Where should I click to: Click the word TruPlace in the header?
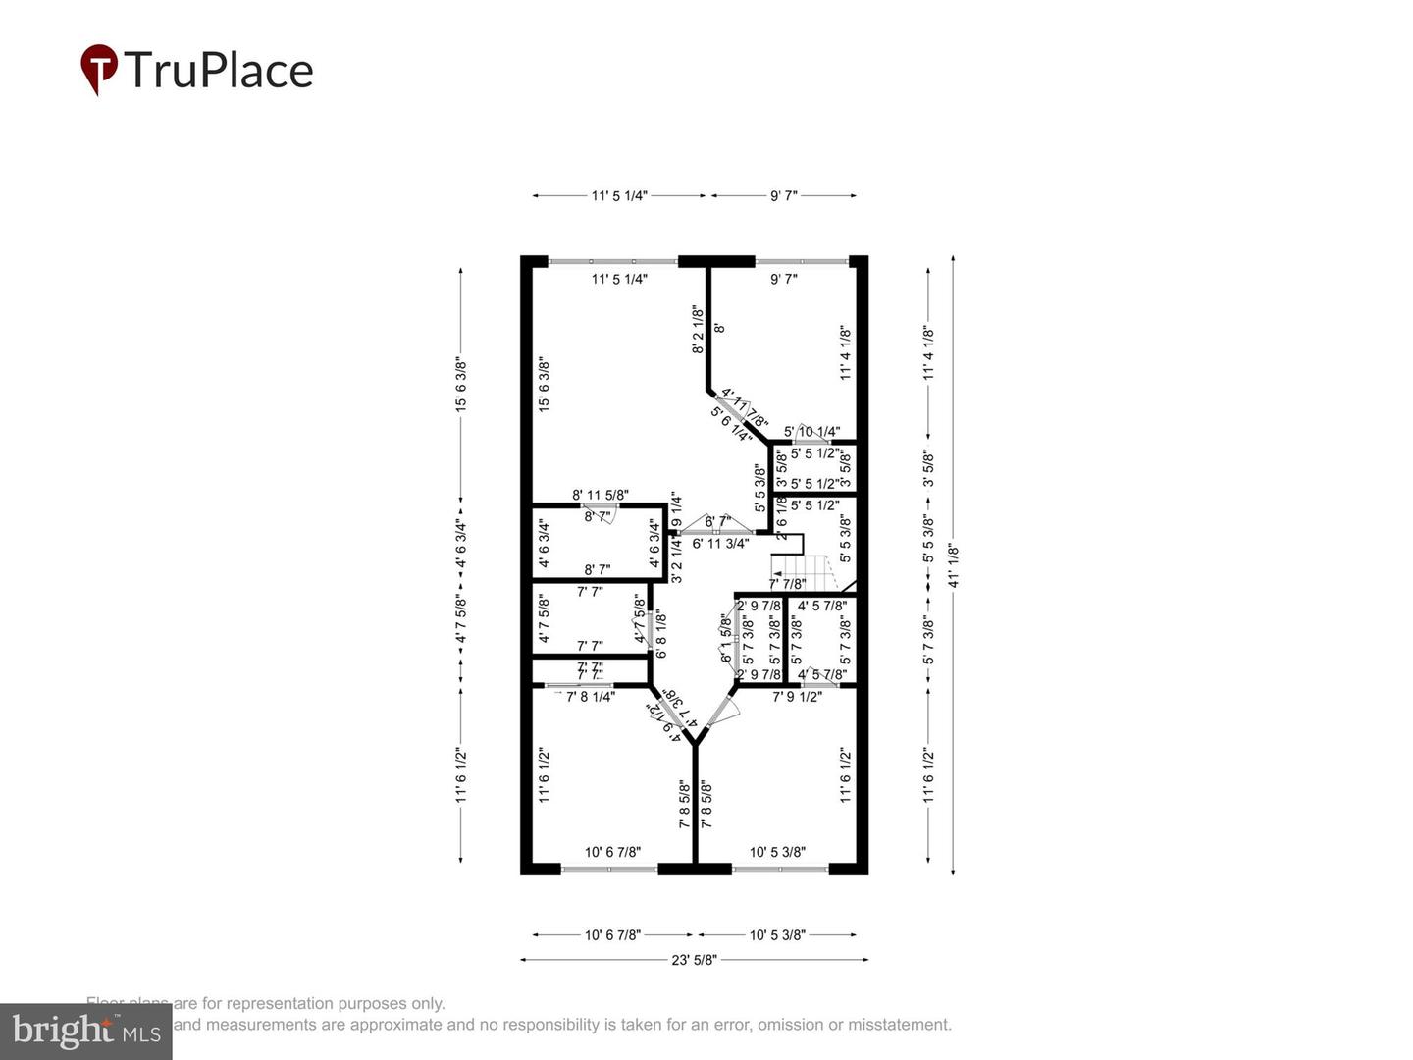[x=218, y=71]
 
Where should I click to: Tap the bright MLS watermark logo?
[x=86, y=1031]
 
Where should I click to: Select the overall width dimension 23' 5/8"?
[x=694, y=960]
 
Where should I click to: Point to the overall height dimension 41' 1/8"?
[x=952, y=565]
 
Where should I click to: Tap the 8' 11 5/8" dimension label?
[x=601, y=496]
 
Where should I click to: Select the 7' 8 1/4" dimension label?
[x=591, y=697]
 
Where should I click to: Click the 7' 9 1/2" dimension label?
[x=797, y=697]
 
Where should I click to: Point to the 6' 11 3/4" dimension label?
[x=720, y=543]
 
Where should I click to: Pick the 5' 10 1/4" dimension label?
[x=811, y=432]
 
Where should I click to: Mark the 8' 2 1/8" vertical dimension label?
[x=698, y=329]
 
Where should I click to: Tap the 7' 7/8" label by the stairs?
[x=787, y=584]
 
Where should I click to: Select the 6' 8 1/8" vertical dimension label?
[x=661, y=635]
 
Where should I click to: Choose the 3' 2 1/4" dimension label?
[x=676, y=558]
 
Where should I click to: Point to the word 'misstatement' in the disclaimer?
[x=900, y=1024]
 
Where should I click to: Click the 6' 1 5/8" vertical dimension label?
[x=727, y=638]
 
